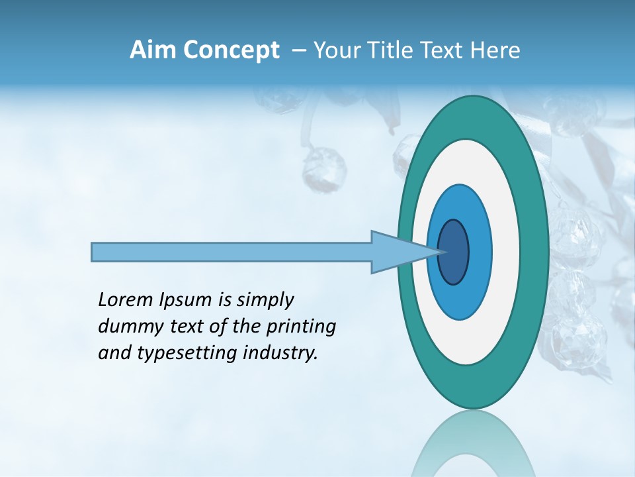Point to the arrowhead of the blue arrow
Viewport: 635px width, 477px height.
coord(400,252)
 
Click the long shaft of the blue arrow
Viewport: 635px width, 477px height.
coord(232,252)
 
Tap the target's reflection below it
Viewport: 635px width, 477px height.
coord(472,444)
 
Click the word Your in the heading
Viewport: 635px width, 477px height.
coord(334,50)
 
